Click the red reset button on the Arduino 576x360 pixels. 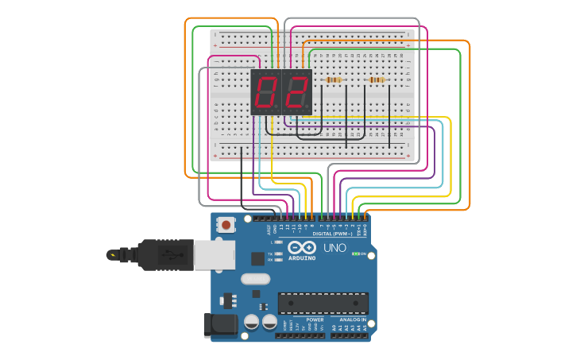(x=226, y=225)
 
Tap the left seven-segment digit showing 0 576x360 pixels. (x=265, y=93)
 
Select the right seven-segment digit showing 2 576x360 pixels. (x=296, y=93)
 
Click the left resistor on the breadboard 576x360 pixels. (x=334, y=80)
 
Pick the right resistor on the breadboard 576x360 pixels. (x=376, y=80)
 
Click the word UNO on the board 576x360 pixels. (x=334, y=248)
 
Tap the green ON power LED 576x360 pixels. (x=356, y=254)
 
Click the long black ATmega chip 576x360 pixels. (x=323, y=303)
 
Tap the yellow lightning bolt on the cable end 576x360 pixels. (x=114, y=255)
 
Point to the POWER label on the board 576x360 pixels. (x=303, y=319)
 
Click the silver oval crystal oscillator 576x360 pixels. (x=256, y=279)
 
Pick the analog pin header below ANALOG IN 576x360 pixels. (x=350, y=335)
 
